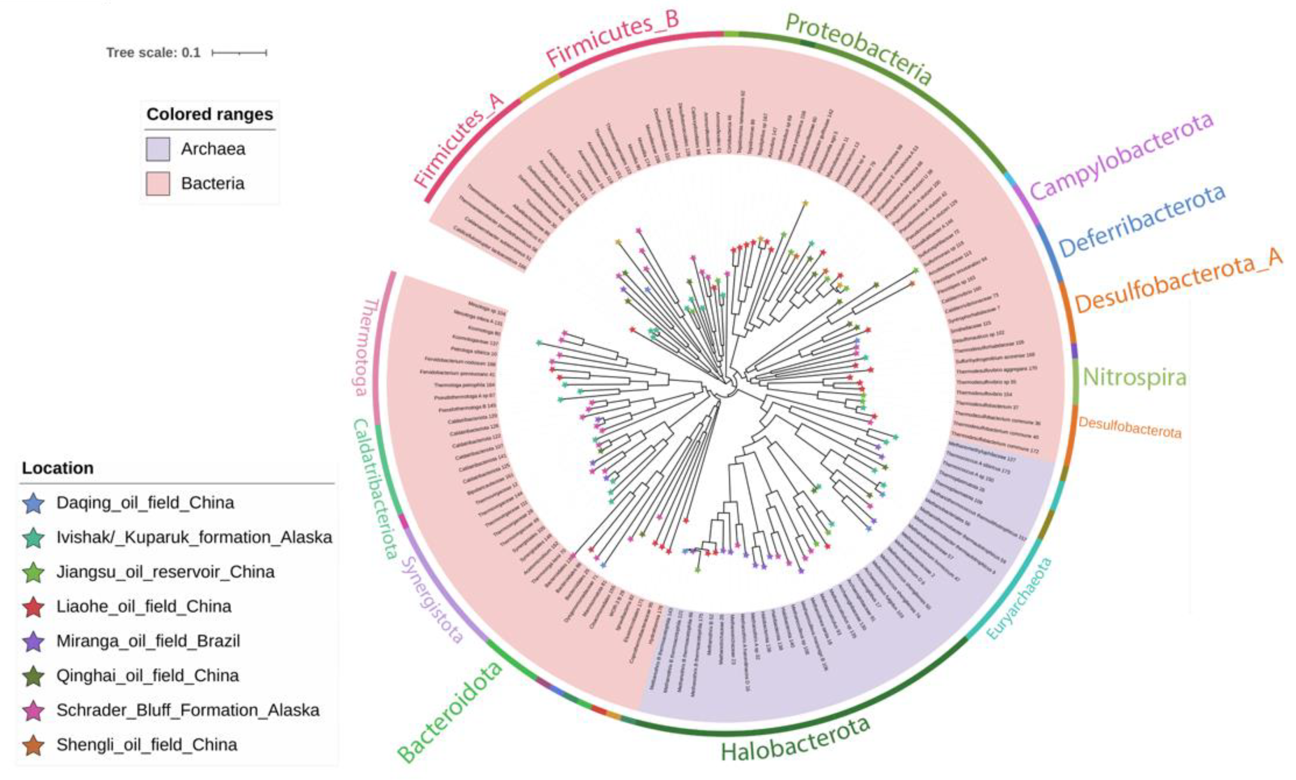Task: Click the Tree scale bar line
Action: pos(239,53)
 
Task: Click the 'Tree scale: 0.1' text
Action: pos(153,53)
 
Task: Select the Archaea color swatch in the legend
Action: pos(158,149)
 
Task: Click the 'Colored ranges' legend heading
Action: pos(209,114)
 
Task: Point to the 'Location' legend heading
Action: pos(58,468)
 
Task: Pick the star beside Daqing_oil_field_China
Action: pos(34,503)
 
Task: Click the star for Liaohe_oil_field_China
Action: pos(34,607)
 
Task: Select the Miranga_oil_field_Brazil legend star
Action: pos(34,641)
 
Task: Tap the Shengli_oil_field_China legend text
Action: pos(147,745)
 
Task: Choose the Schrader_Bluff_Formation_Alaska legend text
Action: pos(188,710)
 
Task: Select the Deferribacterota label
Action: pos(1141,221)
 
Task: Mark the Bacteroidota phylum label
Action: pos(450,712)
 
